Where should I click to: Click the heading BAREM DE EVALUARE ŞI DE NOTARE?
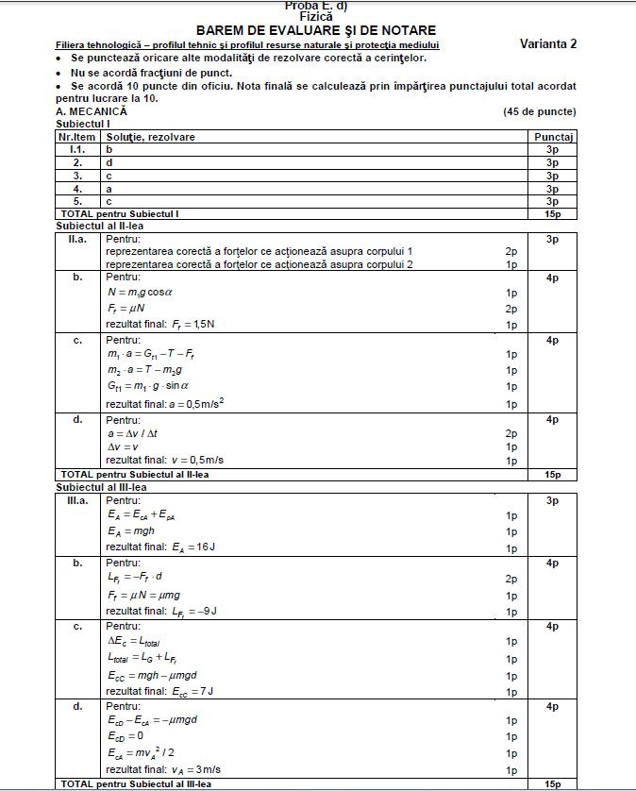316,30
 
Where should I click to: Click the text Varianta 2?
548,44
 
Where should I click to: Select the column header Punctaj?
553,137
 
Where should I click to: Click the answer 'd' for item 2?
109,162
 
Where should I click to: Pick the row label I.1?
78,149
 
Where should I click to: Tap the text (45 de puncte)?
540,111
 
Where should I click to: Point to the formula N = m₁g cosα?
141,293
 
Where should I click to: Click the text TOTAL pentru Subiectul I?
119,214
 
